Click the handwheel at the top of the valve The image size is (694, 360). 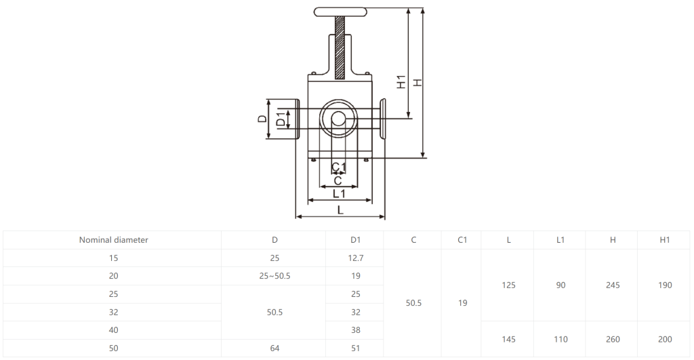click(x=340, y=12)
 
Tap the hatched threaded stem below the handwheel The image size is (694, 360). click(x=340, y=48)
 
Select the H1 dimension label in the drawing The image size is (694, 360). click(x=401, y=82)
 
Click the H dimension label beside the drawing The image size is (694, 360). click(x=417, y=82)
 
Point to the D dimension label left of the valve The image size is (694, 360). click(x=262, y=119)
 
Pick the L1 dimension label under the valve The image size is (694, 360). click(x=339, y=193)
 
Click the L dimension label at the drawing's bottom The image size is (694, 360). click(x=340, y=210)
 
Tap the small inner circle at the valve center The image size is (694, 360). click(x=339, y=119)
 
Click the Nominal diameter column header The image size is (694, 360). click(x=113, y=240)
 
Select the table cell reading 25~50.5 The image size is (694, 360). click(x=275, y=276)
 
